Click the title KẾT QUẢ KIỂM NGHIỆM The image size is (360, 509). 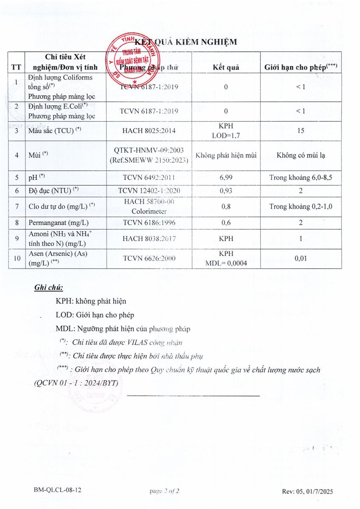186,42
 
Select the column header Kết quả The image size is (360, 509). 225,67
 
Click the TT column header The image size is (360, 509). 16,67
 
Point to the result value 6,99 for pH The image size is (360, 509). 225,177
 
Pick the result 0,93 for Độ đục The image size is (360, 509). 225,191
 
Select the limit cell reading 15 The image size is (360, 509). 301,131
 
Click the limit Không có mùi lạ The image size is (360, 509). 301,155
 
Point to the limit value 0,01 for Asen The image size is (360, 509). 301,259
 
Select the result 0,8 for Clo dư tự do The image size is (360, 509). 225,207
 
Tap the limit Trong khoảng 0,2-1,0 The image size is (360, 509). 301,207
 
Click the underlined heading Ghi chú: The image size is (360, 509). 48,288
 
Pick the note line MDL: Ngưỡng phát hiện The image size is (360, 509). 123,329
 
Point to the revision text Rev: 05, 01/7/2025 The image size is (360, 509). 307,491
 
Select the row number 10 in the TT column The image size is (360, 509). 16,259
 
